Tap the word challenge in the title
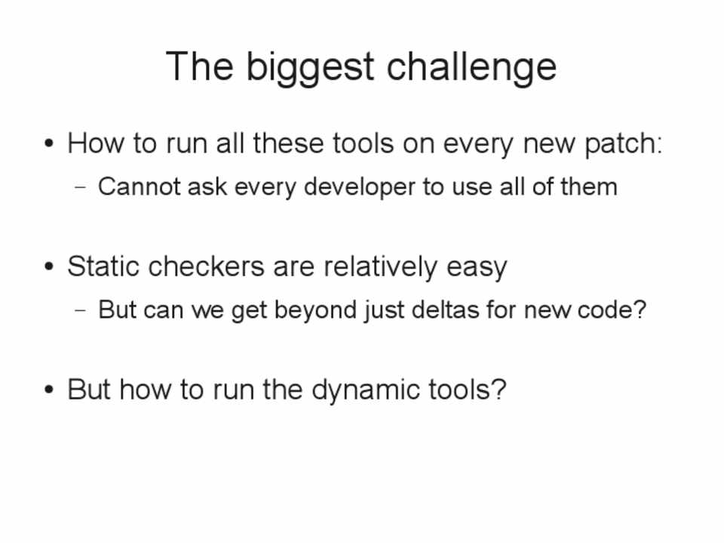click(x=471, y=67)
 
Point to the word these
click(x=288, y=143)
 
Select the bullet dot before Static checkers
click(x=49, y=267)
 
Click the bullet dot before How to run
click(x=49, y=143)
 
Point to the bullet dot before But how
click(x=49, y=390)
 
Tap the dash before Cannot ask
click(x=81, y=188)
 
